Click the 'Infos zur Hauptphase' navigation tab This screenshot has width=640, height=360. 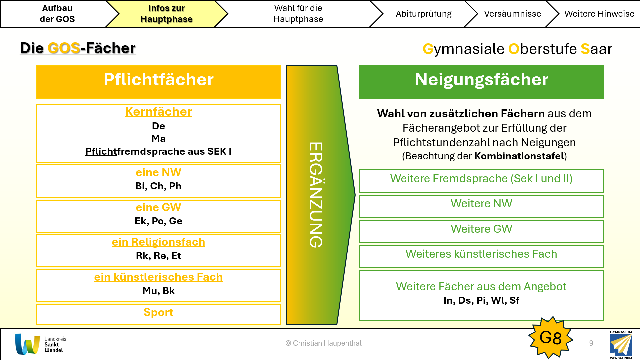coord(166,14)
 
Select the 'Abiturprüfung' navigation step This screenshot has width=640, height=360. coord(423,14)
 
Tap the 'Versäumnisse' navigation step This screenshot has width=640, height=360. coord(512,14)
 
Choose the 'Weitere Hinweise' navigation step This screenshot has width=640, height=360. coord(599,14)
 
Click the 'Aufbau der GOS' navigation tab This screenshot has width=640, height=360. coord(57,14)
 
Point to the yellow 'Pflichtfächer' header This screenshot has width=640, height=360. coord(158,81)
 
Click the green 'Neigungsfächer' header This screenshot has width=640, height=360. coord(481,81)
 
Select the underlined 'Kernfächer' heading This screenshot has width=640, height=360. coord(158,112)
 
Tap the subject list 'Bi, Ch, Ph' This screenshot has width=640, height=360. coord(158,186)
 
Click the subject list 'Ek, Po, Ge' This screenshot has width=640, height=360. coord(158,221)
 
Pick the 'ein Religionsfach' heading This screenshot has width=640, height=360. coord(158,242)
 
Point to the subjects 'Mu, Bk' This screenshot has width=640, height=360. coord(158,291)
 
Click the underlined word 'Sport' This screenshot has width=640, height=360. coord(158,312)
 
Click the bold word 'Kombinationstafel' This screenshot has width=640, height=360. coord(519,156)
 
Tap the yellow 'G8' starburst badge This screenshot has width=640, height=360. coord(550,338)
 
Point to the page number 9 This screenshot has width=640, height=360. coord(591,343)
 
